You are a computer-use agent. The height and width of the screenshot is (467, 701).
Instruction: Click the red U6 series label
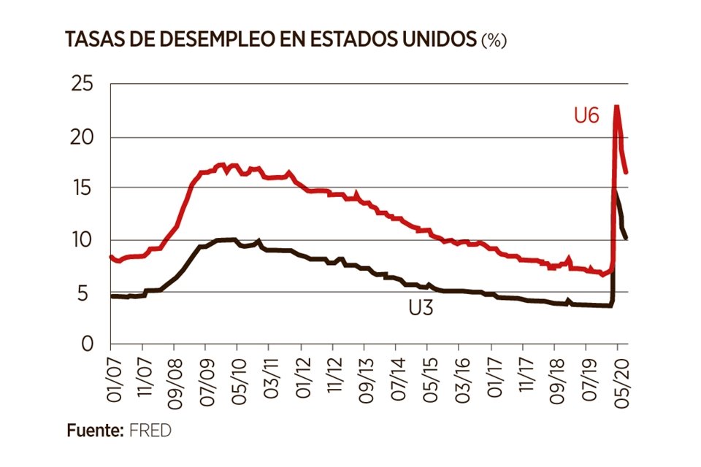pos(586,115)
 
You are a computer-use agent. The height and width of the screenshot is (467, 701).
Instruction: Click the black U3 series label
pos(421,308)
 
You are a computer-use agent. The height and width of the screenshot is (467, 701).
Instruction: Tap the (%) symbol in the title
pos(493,41)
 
